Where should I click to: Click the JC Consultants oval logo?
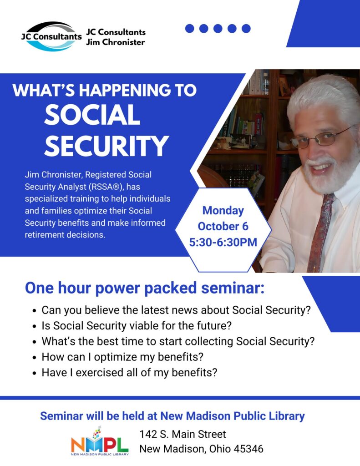[51, 36]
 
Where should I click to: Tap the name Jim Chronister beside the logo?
[115, 42]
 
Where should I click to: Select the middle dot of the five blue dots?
[218, 29]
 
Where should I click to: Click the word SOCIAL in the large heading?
[92, 115]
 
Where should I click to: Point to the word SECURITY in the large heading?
[106, 146]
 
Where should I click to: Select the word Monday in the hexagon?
[223, 211]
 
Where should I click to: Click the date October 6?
[223, 226]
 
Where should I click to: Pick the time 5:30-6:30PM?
[223, 242]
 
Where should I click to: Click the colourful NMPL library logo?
[100, 441]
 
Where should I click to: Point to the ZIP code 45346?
[248, 449]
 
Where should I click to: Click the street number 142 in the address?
[148, 434]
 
